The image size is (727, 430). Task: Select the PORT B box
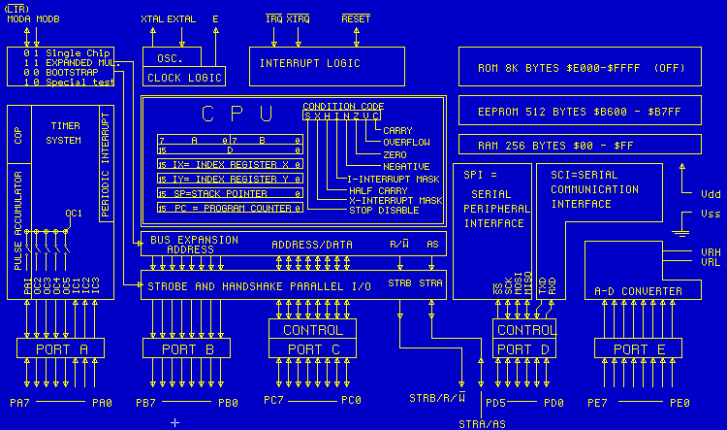(x=186, y=348)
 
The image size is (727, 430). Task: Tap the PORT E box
(x=632, y=348)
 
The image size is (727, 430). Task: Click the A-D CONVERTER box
(x=638, y=291)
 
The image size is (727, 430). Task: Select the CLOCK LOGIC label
(x=183, y=77)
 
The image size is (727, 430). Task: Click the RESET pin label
(x=356, y=18)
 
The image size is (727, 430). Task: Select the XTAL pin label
(x=152, y=18)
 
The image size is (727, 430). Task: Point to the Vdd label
(x=710, y=194)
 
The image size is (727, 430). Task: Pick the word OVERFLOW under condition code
(x=407, y=142)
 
